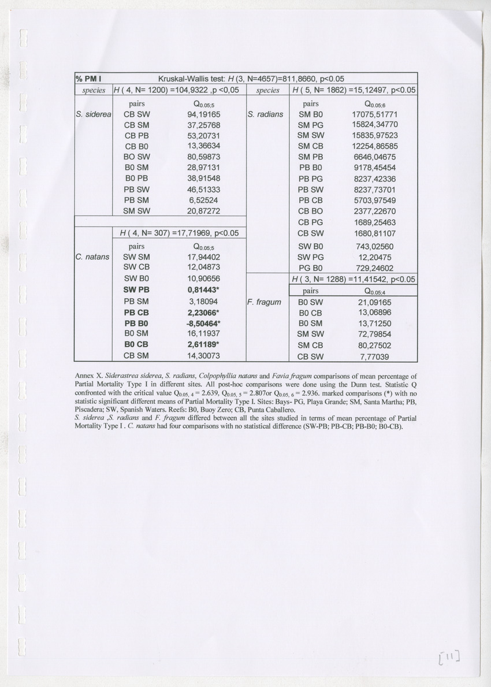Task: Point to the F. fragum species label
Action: click(x=264, y=302)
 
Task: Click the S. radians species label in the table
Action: click(x=265, y=114)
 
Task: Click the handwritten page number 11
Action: click(x=449, y=656)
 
